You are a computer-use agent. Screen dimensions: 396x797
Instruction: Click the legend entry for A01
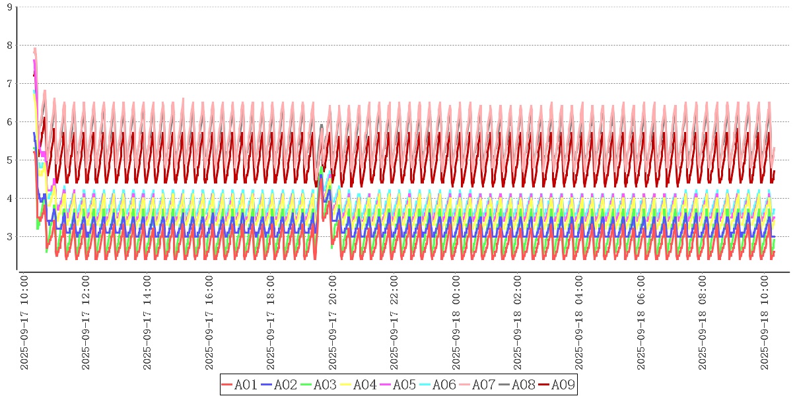(x=240, y=385)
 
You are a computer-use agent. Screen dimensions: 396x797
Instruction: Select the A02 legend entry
(x=279, y=385)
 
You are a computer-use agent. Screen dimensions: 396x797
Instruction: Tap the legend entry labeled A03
(x=319, y=385)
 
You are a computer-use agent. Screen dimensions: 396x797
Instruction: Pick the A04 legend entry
(x=359, y=385)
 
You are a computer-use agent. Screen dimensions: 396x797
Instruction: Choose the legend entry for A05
(x=398, y=385)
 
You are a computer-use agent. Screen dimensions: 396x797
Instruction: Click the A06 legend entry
(x=438, y=385)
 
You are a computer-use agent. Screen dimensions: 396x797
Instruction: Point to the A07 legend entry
(x=477, y=385)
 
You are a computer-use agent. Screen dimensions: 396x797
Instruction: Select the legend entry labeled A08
(x=517, y=385)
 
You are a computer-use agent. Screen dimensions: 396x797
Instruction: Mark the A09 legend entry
(x=557, y=385)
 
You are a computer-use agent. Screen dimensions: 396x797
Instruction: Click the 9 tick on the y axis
(x=9, y=7)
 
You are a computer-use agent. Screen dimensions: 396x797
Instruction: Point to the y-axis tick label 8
(x=9, y=46)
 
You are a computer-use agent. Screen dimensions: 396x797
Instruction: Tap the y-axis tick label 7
(x=9, y=84)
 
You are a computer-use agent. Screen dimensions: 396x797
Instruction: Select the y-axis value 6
(x=9, y=122)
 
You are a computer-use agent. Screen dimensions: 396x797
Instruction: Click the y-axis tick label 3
(x=9, y=237)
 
